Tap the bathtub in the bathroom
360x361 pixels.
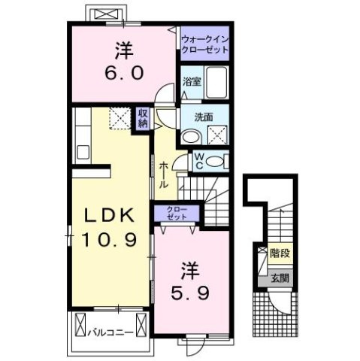coord(218,81)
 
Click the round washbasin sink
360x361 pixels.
coord(191,135)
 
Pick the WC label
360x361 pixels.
coord(200,159)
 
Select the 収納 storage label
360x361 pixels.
coord(142,119)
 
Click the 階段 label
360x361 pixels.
coord(280,254)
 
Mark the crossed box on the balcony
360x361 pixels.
coord(80,329)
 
